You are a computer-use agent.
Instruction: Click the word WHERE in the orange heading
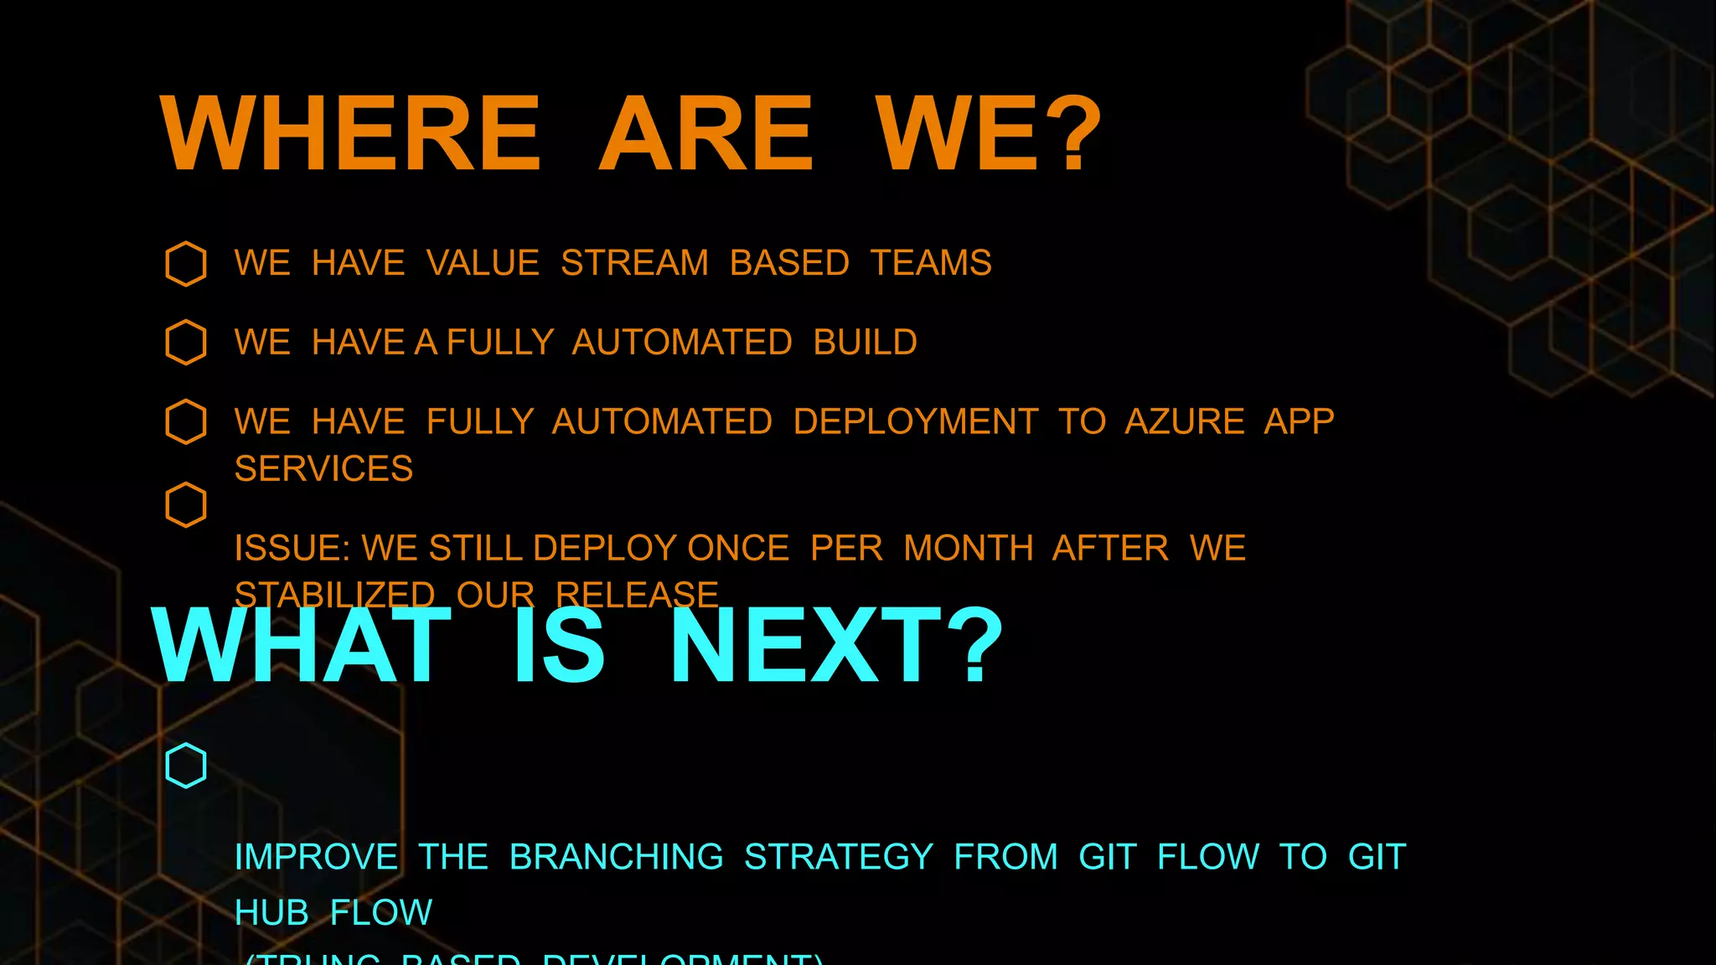pos(350,133)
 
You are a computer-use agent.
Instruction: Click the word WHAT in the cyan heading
pos(302,645)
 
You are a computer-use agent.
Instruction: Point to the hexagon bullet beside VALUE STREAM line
pos(186,264)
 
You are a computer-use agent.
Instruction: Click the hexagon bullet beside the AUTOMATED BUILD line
pos(186,343)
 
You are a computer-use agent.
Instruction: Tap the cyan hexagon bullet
pos(186,766)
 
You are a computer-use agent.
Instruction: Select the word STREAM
pos(634,263)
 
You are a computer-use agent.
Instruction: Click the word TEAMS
pos(931,263)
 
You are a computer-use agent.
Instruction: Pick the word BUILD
pos(865,343)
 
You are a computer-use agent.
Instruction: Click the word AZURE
pos(1184,421)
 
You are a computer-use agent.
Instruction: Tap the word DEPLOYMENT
pos(915,421)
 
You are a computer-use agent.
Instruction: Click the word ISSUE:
pos(292,549)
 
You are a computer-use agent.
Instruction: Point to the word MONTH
pos(968,549)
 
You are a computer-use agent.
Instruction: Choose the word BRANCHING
pos(616,857)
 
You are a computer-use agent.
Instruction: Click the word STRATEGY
pos(838,857)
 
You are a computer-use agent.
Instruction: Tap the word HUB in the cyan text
pos(271,912)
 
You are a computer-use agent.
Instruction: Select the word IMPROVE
pos(316,857)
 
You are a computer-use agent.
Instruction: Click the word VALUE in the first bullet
pos(483,263)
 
